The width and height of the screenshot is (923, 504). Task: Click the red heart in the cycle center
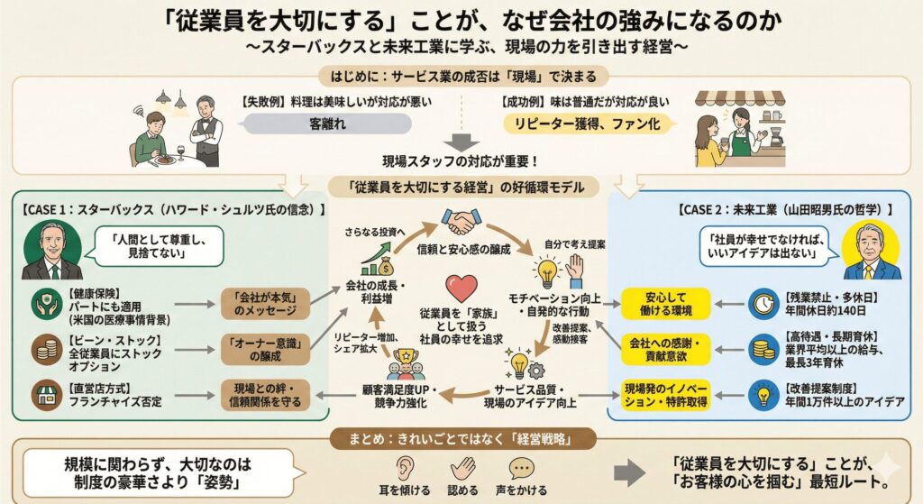pyautogui.click(x=461, y=289)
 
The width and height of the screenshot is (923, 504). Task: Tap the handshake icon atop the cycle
pyautogui.click(x=461, y=221)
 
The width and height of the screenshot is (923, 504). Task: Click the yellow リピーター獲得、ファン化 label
pyautogui.click(x=587, y=124)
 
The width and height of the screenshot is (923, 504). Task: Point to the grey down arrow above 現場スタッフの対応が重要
pyautogui.click(x=461, y=142)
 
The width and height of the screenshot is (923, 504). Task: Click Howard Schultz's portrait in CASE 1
pyautogui.click(x=51, y=251)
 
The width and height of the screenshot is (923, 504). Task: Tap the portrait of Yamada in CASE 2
pyautogui.click(x=870, y=251)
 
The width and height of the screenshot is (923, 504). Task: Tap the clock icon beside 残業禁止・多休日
pyautogui.click(x=763, y=303)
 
